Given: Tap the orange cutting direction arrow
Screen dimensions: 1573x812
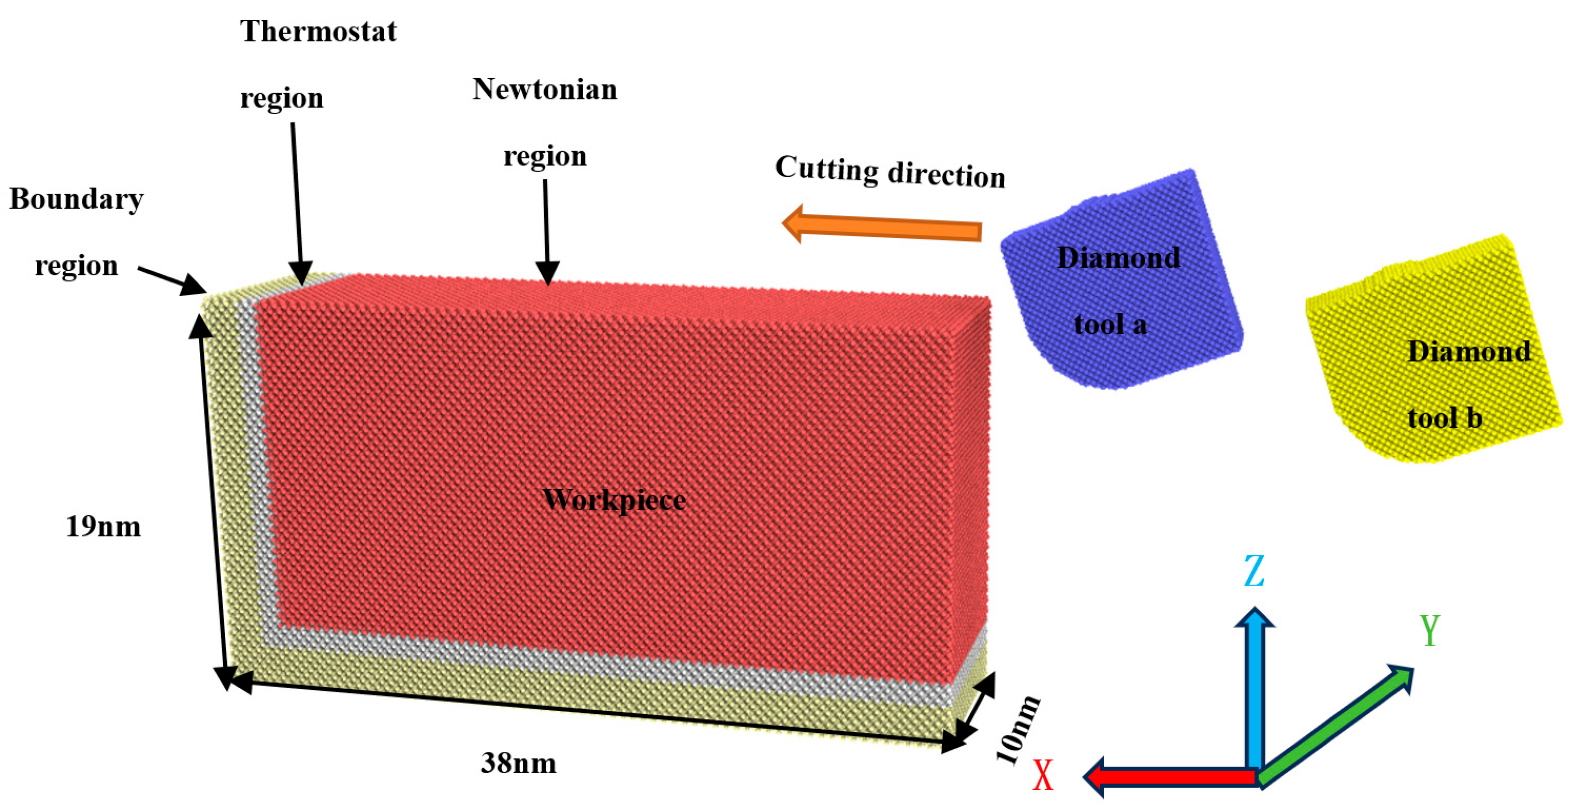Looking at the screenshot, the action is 882,225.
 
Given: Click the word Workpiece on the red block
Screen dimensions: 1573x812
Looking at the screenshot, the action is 614,500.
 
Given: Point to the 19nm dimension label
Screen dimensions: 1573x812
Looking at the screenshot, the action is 103,526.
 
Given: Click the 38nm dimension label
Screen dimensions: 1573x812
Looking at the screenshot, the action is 518,763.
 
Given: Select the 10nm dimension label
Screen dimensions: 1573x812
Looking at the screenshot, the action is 1018,729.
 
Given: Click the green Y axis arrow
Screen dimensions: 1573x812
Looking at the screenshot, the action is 1334,726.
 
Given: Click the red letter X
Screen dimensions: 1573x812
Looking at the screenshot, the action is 1043,776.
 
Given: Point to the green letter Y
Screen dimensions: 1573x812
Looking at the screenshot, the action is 1430,630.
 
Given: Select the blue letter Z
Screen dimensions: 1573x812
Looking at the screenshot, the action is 1254,571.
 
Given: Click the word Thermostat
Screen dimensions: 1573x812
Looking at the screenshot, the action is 318,31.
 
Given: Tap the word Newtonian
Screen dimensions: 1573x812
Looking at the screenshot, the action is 545,90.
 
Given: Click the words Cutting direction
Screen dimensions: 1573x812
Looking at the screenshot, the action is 890,171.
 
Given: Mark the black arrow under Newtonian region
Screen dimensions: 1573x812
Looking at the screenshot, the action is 547,233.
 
